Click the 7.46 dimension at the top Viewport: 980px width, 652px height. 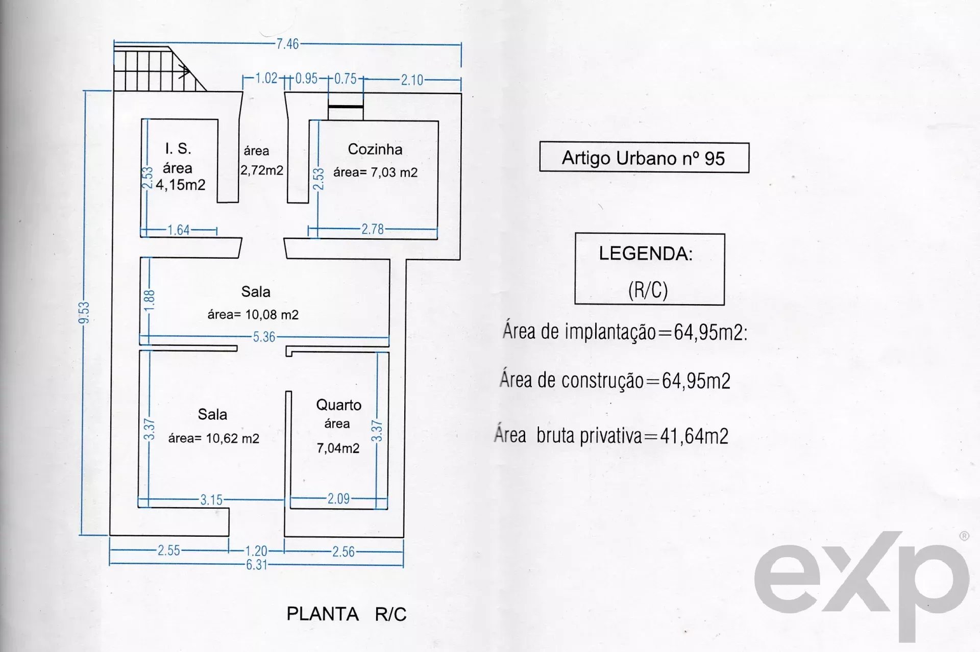click(x=288, y=44)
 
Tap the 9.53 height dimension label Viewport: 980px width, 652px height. click(x=84, y=312)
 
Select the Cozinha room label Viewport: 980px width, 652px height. click(x=375, y=149)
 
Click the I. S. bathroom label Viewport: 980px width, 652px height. click(x=178, y=148)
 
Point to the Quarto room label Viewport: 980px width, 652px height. click(x=339, y=405)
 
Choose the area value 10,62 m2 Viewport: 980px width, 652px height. click(x=233, y=438)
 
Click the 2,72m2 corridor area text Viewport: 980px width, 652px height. click(x=262, y=170)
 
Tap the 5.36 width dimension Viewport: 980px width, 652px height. click(x=264, y=337)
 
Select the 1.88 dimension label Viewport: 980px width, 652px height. click(x=150, y=300)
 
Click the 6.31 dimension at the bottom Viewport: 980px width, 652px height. click(x=257, y=565)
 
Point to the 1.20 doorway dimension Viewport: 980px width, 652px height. click(x=256, y=551)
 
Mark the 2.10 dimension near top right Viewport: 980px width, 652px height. click(x=412, y=80)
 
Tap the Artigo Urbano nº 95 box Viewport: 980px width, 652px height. click(x=644, y=158)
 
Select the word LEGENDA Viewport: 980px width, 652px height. click(x=645, y=254)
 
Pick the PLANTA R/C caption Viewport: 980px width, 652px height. click(x=347, y=614)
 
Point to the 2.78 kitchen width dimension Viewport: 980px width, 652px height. click(x=373, y=229)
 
